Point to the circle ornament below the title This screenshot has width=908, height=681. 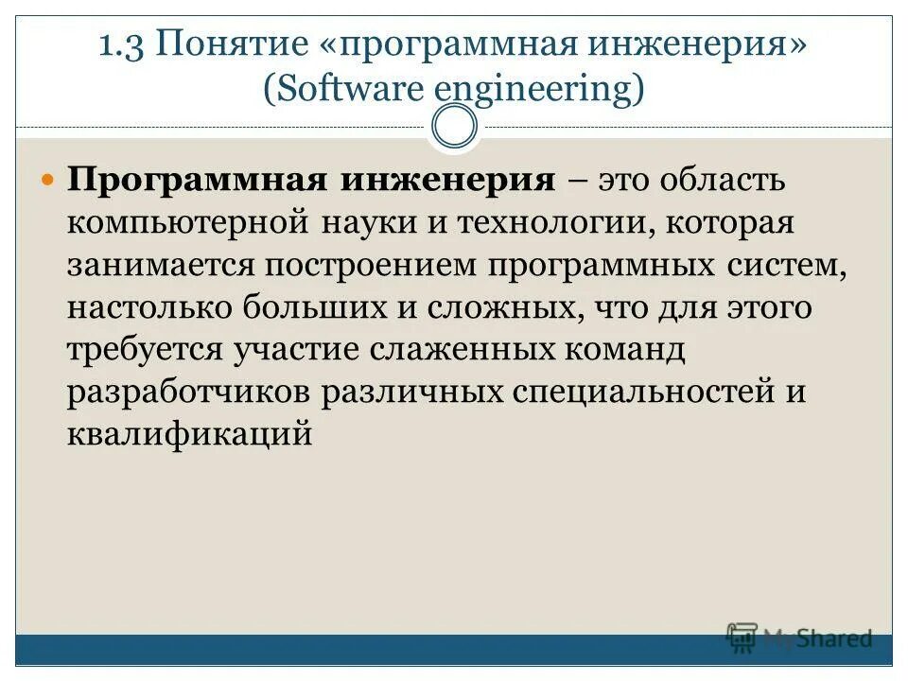tap(454, 126)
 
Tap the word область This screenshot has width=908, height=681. tap(723, 181)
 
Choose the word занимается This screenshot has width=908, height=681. tap(160, 267)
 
